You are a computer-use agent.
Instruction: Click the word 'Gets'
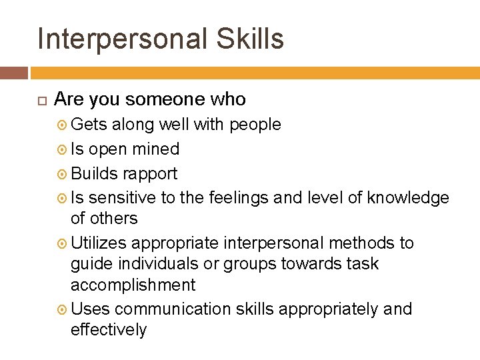tap(89, 124)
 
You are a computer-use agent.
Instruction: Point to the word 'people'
tap(255, 125)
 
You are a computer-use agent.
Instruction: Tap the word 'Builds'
tap(92, 173)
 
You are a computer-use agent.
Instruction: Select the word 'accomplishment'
tap(133, 285)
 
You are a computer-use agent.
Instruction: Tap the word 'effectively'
tap(108, 329)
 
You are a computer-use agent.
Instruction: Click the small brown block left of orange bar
tap(14, 73)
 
